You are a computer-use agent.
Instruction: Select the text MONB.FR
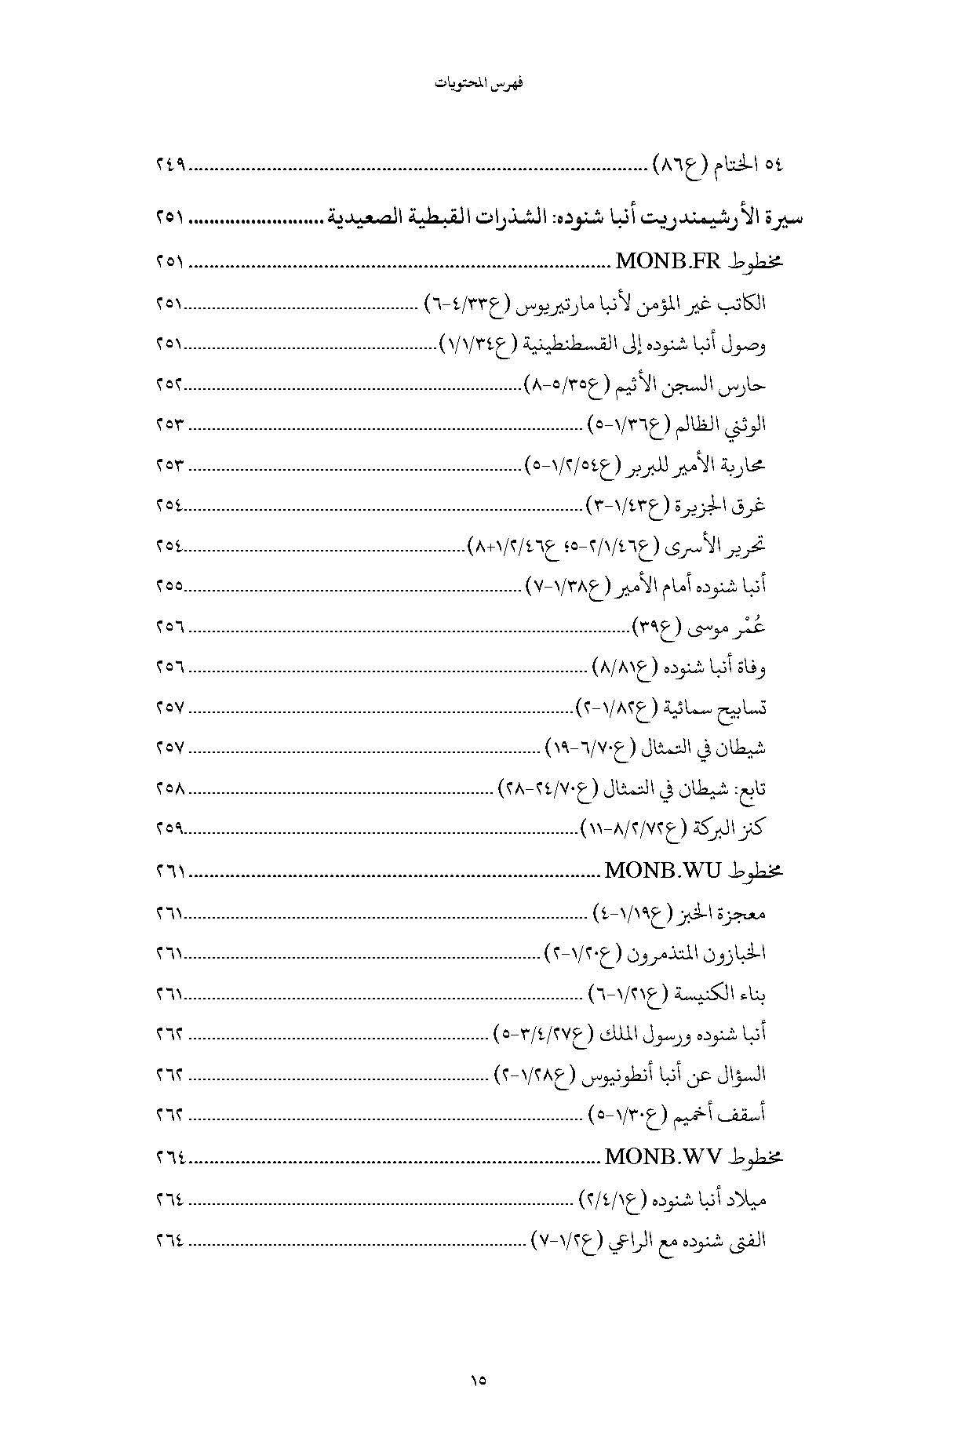click(669, 261)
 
